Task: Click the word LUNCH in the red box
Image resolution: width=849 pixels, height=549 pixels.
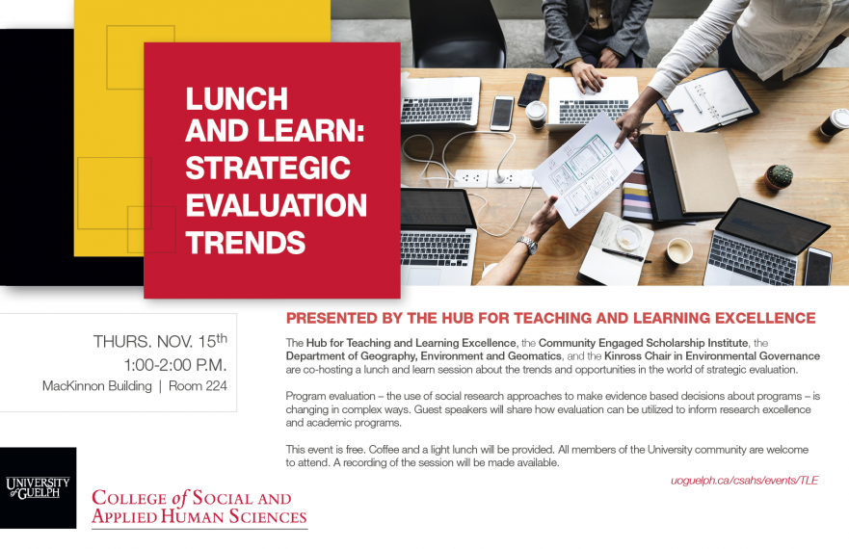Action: coord(237,98)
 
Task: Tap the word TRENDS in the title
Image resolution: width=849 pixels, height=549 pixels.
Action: coord(246,243)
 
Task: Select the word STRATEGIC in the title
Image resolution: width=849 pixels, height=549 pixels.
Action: coord(268,168)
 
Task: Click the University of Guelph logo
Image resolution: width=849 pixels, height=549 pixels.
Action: coord(38,487)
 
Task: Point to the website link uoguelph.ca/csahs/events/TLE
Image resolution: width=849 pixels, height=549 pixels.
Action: coord(745,481)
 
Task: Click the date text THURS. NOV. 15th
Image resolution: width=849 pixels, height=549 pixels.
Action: coord(160,341)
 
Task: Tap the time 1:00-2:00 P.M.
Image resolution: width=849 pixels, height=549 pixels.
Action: coord(175,365)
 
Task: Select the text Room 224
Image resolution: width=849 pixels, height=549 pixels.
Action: coord(198,386)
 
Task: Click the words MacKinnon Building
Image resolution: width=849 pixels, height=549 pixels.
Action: coord(97,386)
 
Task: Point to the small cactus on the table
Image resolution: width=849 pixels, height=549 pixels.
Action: coord(780,177)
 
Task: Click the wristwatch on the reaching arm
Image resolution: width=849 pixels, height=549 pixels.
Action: coord(527,245)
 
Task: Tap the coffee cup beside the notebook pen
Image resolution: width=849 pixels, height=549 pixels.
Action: coord(679,251)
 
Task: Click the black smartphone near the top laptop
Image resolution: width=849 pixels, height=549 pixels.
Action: coord(532,90)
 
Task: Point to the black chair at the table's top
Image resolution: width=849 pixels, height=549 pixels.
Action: coord(458,34)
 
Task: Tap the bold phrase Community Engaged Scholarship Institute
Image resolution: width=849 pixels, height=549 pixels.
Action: coord(644,343)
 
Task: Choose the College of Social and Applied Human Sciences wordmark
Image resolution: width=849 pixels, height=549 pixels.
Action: coord(199,507)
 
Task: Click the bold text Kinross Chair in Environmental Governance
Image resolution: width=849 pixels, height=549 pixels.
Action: coord(712,356)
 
